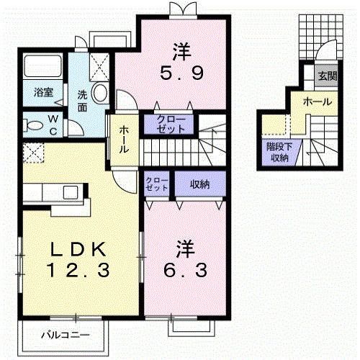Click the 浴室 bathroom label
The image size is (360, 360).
tap(44, 92)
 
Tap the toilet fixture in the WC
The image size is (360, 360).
tap(32, 125)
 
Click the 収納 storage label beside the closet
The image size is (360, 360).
tap(199, 184)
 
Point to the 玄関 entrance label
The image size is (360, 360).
tap(327, 75)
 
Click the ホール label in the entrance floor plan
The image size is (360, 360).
tap(317, 102)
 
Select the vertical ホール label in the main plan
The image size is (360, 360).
tap(124, 139)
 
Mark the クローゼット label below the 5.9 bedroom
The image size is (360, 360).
tap(171, 124)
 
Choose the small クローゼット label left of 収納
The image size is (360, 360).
tap(156, 184)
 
